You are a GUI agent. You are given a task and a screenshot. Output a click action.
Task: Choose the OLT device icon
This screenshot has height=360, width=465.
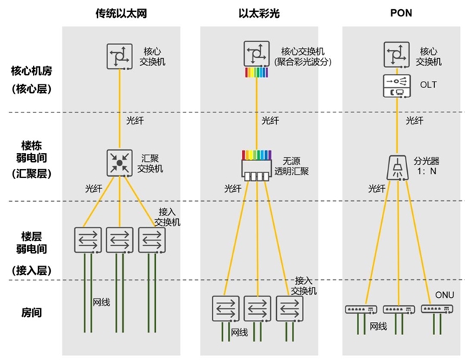click(396, 86)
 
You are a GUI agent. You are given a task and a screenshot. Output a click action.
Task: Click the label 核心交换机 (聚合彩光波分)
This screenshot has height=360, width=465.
click(306, 57)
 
